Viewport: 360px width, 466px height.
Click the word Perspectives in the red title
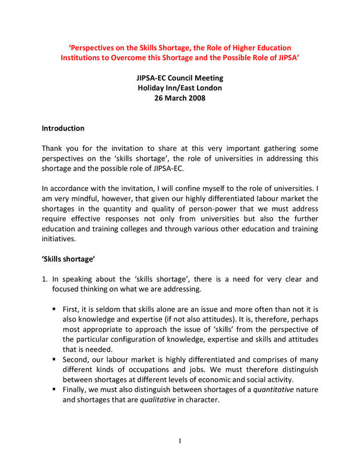coord(96,47)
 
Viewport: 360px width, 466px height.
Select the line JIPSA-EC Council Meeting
coord(179,78)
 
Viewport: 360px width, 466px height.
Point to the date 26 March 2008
coord(179,98)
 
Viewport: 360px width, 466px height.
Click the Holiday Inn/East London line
coord(179,88)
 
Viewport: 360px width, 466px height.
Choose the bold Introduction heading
coord(63,128)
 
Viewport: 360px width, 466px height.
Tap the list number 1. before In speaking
coord(45,280)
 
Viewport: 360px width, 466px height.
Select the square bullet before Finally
coord(54,390)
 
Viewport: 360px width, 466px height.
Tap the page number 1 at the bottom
coord(180,441)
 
